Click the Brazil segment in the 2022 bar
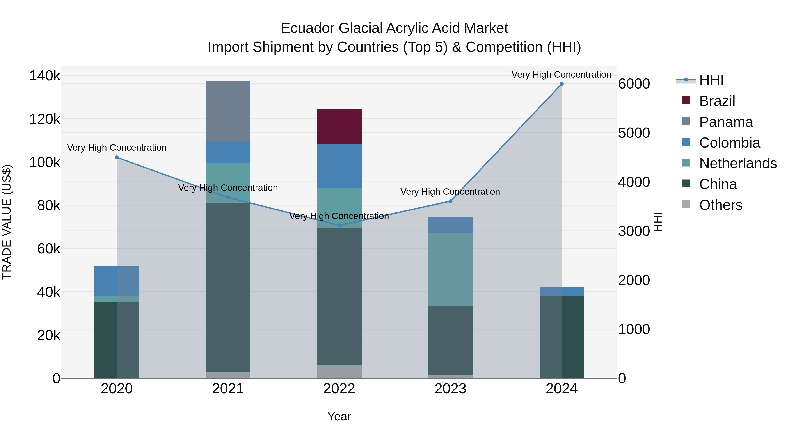click(x=339, y=126)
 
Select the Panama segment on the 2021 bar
click(x=228, y=111)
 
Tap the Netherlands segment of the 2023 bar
click(x=450, y=269)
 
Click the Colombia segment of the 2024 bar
click(x=562, y=291)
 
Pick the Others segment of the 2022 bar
click(x=339, y=371)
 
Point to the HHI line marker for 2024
click(x=562, y=84)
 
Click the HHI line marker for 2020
click(x=117, y=157)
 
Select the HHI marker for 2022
click(x=339, y=226)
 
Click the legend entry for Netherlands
click(x=738, y=163)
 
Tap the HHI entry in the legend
click(x=711, y=80)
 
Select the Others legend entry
click(x=720, y=205)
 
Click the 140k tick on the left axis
click(x=45, y=76)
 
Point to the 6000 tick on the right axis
click(x=634, y=84)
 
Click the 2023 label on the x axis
click(x=450, y=389)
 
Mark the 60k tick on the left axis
click(x=48, y=249)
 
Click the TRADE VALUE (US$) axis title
click(x=7, y=222)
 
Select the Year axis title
click(x=339, y=416)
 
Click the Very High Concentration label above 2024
click(x=561, y=75)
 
